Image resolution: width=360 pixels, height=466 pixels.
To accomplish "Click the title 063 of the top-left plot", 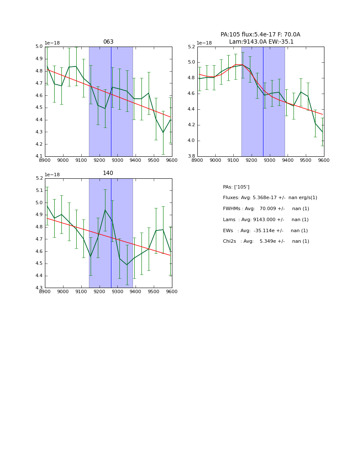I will (108, 42).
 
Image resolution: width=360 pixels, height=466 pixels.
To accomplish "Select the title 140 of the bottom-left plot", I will (108, 173).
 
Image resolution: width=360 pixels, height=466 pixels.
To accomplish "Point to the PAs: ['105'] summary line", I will (236, 187).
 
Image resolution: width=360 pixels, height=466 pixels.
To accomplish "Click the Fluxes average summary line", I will (270, 198).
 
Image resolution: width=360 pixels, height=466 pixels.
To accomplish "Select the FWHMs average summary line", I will (266, 209).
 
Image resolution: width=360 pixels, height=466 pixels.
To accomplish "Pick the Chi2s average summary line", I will (266, 241).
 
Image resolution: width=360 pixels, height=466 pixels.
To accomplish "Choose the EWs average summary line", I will (265, 231).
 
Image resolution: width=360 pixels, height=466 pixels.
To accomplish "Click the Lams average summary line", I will (266, 220).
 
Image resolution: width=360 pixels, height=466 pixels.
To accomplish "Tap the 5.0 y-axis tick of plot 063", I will (39, 47).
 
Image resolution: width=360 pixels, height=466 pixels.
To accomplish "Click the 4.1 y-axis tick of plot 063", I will (39, 156).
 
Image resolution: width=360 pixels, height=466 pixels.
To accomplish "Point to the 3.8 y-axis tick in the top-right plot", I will (191, 156).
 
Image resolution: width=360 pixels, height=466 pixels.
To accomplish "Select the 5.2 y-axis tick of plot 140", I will (39, 178).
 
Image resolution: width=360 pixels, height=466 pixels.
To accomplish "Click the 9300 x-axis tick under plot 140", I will (117, 291).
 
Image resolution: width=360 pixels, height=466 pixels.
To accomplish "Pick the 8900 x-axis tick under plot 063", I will (45, 160).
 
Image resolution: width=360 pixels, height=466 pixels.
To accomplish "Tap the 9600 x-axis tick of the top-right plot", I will (324, 160).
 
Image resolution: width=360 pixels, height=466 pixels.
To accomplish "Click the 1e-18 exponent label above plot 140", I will (52, 175).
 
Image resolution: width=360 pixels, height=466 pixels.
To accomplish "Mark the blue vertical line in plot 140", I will (111, 237).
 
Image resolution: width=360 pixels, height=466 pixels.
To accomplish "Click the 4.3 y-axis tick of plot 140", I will (39, 288).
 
